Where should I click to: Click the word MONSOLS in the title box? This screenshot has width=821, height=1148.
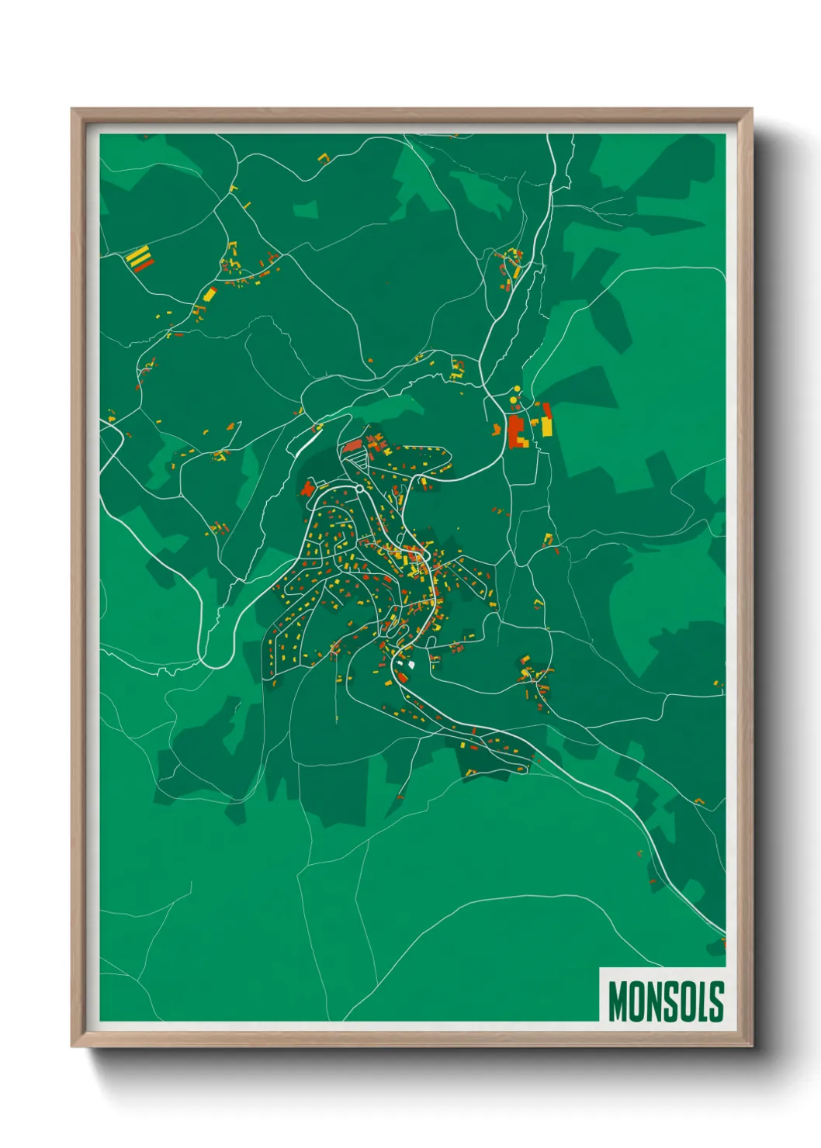666,1001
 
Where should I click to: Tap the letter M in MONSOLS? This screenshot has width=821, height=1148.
618,1001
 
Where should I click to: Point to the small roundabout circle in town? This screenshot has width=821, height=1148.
360,489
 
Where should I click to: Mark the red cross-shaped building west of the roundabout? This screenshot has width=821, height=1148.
307,488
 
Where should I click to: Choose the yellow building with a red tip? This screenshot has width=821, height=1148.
210,293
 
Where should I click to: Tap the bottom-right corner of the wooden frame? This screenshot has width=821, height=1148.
751,1046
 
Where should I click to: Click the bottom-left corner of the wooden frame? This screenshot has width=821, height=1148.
73,1046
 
